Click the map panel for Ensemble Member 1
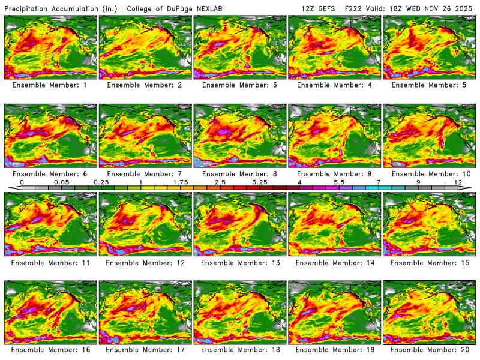tap(50, 47)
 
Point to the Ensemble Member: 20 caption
tap(429, 349)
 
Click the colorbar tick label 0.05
tap(60, 182)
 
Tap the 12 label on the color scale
tap(458, 182)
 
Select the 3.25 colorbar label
tap(260, 182)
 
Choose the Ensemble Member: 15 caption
tap(429, 262)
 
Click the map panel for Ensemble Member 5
tap(429, 47)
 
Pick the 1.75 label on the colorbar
tap(180, 182)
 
